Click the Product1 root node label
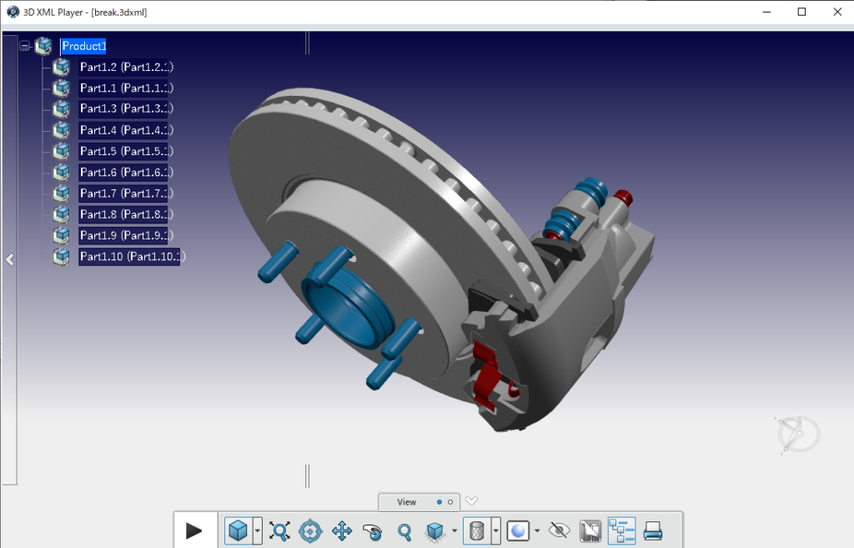(x=83, y=46)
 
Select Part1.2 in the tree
(x=125, y=67)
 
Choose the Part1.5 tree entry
(x=125, y=151)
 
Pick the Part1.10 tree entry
(x=131, y=256)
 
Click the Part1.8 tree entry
(x=125, y=214)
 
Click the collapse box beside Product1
(x=24, y=46)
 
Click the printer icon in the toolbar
(x=653, y=530)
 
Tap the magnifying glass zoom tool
(x=404, y=530)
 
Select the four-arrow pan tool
(x=342, y=530)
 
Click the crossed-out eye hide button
(x=560, y=530)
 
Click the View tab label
(x=406, y=502)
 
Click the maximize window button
(x=801, y=12)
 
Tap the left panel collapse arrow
(x=9, y=259)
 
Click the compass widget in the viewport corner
(x=796, y=435)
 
